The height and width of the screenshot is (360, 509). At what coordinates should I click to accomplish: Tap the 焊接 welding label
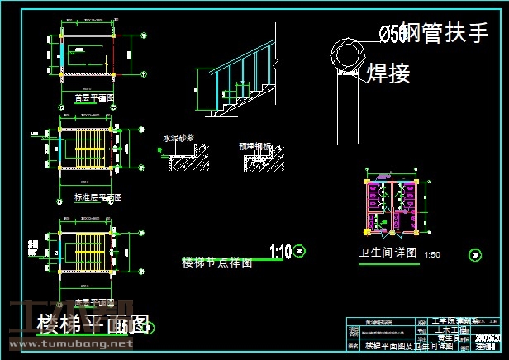[388, 74]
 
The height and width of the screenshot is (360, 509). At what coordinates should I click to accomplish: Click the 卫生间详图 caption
[383, 253]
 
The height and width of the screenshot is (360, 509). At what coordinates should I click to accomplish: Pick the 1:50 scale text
[432, 254]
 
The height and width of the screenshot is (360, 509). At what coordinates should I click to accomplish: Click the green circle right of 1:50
[474, 254]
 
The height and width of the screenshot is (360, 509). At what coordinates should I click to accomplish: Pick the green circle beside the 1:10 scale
[299, 250]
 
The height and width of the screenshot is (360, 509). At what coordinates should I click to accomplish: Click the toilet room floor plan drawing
[392, 206]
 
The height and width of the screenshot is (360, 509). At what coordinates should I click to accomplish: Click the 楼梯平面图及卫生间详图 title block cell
[393, 346]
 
